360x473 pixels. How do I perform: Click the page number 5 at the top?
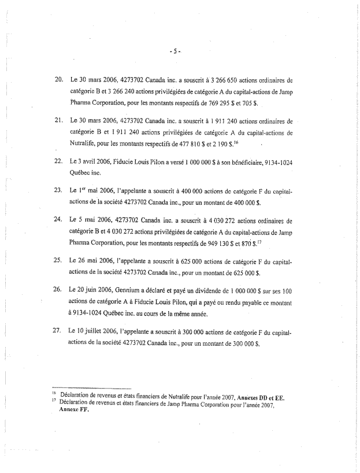[x=176, y=51]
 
